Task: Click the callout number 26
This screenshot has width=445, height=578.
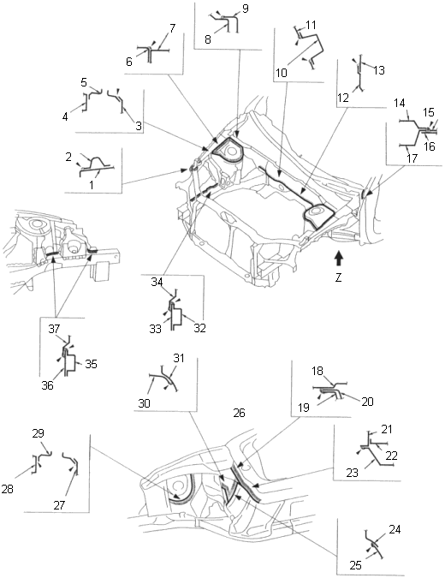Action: click(239, 413)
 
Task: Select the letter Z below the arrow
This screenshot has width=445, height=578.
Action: click(339, 277)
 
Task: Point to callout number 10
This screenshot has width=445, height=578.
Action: click(281, 73)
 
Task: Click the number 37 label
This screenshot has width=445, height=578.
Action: click(54, 329)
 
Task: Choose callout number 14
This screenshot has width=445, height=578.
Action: click(400, 103)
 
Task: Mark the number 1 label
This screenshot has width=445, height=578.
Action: click(92, 184)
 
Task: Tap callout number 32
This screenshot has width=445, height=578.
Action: click(199, 328)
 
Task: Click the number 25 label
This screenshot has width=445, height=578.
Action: click(355, 565)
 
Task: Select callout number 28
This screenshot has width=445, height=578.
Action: click(7, 489)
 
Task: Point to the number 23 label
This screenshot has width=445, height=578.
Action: click(353, 473)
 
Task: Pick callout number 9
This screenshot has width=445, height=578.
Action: click(246, 9)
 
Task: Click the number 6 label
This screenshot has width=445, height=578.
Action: click(129, 62)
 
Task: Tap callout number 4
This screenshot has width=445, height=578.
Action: click(65, 117)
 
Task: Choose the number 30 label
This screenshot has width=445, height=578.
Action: click(145, 403)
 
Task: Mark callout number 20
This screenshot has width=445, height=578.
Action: click(368, 401)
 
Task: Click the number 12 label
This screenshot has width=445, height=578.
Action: click(343, 98)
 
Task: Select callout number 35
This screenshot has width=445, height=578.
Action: click(91, 364)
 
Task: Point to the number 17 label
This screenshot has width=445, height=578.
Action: click(412, 158)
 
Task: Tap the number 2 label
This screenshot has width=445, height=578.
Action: click(68, 157)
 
